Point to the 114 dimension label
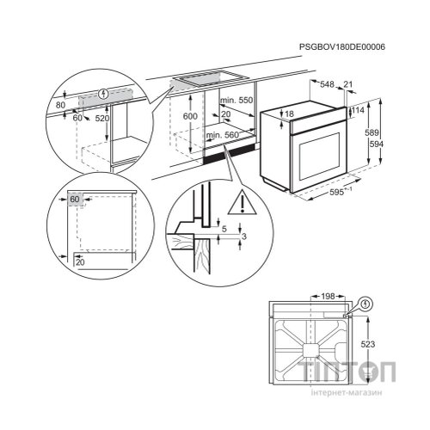358,111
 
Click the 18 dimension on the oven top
290,114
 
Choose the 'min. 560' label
220,135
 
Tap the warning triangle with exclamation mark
247,204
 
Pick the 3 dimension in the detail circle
243,236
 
